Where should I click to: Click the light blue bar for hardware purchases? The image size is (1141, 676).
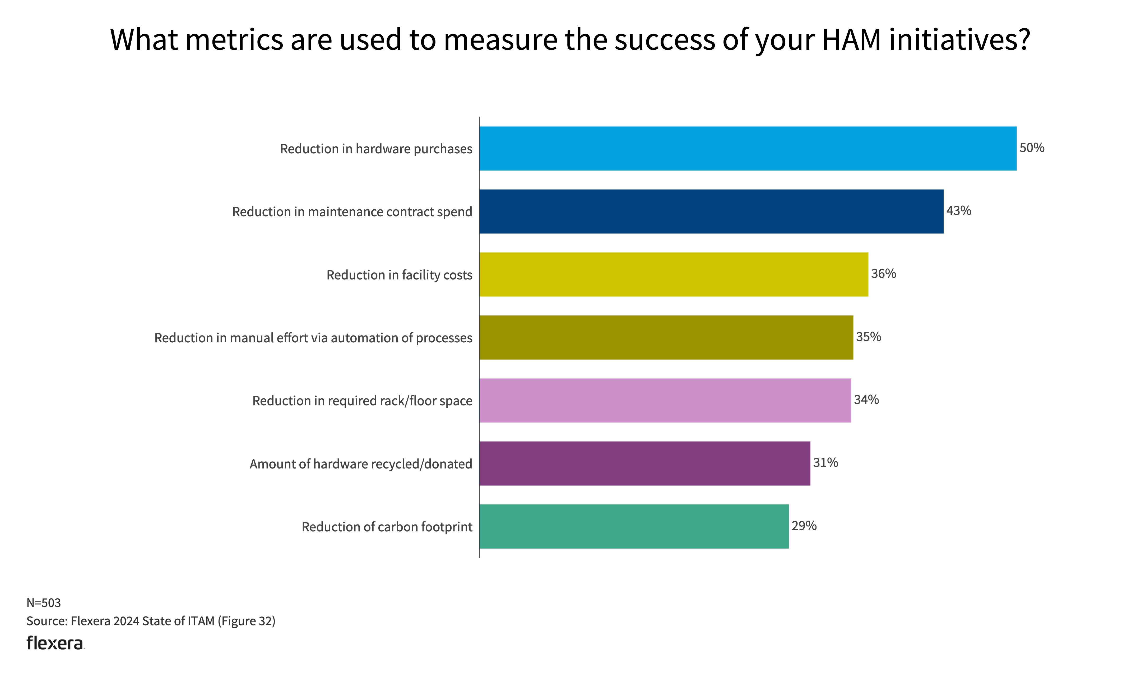point(748,149)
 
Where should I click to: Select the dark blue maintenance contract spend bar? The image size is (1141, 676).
point(711,211)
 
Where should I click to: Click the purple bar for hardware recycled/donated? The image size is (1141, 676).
point(645,463)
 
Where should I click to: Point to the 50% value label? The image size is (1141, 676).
point(1031,148)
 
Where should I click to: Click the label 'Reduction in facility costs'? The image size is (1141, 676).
point(399,275)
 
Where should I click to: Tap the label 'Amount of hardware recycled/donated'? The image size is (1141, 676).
point(361,464)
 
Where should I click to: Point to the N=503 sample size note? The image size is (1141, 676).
point(44,603)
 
